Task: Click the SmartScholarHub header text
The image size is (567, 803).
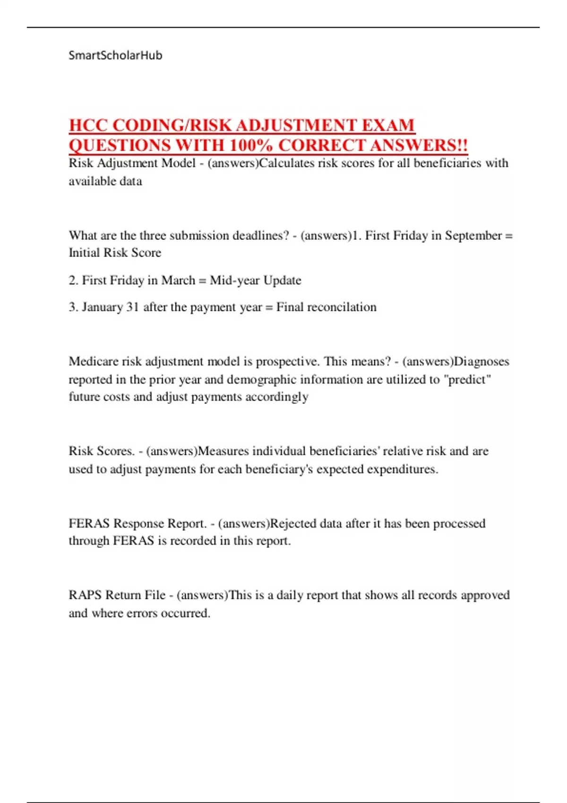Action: click(115, 55)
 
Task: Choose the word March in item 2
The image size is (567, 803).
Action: click(178, 280)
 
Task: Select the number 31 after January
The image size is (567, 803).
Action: click(133, 307)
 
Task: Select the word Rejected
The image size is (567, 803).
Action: click(293, 523)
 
